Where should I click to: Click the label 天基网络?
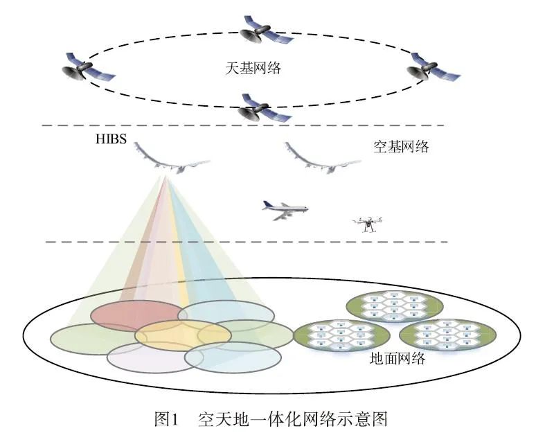(247, 69)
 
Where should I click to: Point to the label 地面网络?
(397, 360)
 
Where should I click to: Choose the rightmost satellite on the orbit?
(430, 67)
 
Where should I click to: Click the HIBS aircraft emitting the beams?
(170, 161)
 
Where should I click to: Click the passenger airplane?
(284, 209)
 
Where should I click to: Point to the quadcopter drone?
(367, 223)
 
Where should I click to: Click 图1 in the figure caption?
(166, 420)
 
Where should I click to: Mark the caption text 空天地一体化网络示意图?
(292, 420)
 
